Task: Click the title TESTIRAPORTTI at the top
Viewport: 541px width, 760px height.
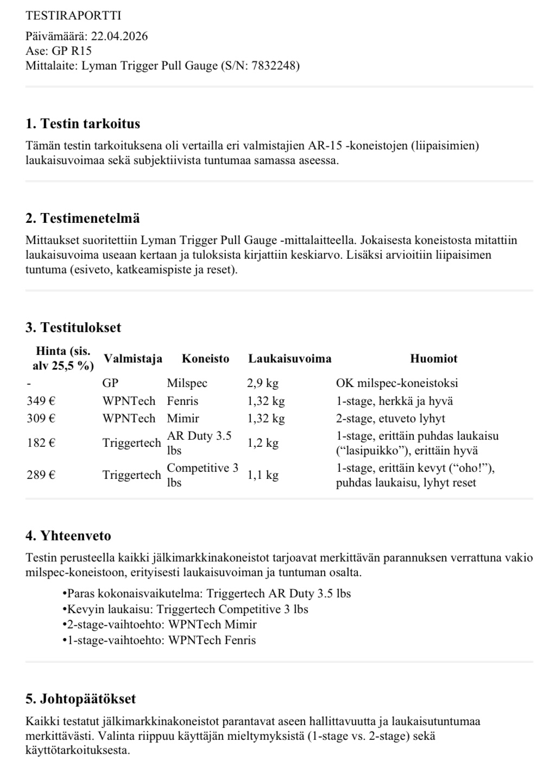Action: (73, 16)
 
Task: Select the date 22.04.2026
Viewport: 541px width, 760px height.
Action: (119, 36)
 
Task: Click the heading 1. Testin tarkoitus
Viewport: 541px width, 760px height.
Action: (83, 124)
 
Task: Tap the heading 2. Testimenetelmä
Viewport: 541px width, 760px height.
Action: (83, 219)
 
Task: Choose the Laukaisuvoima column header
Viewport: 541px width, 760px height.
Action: (290, 359)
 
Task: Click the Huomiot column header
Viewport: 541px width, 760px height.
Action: (433, 359)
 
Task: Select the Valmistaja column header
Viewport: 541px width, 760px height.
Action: (133, 359)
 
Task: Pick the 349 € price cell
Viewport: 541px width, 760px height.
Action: (41, 401)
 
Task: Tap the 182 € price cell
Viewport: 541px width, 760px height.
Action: (41, 443)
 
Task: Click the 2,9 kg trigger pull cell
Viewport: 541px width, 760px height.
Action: (263, 383)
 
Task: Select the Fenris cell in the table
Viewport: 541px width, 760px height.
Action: (183, 401)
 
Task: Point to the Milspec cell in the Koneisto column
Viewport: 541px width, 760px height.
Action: (187, 383)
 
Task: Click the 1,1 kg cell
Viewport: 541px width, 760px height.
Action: (263, 475)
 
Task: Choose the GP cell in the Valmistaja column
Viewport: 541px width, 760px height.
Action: (110, 383)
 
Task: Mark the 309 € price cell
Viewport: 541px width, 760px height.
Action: (41, 419)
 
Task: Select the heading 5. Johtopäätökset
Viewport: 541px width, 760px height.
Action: (80, 699)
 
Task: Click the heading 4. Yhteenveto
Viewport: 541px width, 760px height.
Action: (68, 536)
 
